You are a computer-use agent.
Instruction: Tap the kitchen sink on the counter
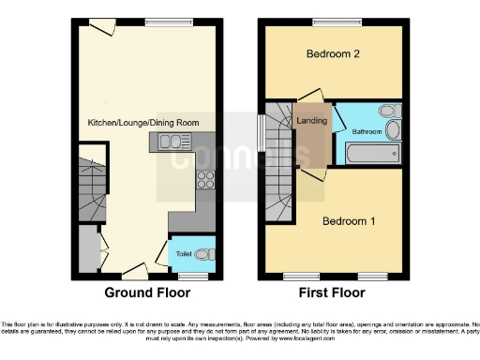pyautogui.click(x=170, y=142)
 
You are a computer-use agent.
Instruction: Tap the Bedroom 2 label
pyautogui.click(x=333, y=54)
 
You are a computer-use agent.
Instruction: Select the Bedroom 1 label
pyautogui.click(x=349, y=222)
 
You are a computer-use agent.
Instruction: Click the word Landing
pyautogui.click(x=310, y=121)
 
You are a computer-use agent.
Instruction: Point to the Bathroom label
pyautogui.click(x=367, y=132)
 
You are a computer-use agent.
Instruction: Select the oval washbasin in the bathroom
pyautogui.click(x=394, y=111)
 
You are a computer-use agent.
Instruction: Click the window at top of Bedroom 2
pyautogui.click(x=333, y=22)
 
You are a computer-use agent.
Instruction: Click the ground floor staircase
pyautogui.click(x=90, y=188)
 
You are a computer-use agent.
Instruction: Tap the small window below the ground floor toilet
pyautogui.click(x=193, y=277)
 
